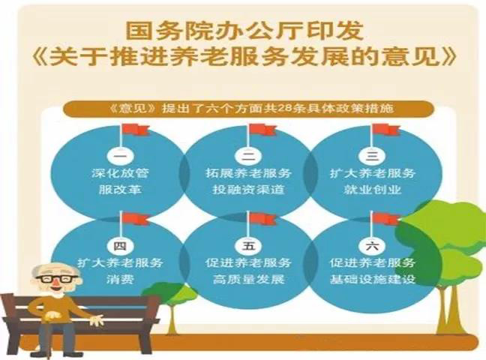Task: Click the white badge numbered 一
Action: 120,155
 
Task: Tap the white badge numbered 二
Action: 248,155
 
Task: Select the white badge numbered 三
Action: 372,155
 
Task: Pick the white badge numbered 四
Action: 120,247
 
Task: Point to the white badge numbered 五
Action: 248,247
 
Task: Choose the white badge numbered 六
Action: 372,247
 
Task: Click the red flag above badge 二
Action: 263,130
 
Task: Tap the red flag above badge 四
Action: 136,219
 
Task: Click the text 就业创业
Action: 372,190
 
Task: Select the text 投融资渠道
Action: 248,190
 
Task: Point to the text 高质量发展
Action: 248,280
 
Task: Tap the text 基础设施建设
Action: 372,280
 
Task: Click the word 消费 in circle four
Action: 120,280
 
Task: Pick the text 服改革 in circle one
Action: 120,190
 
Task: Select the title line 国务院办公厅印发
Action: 244,31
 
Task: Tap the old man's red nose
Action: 55,283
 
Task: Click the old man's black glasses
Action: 56,278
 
